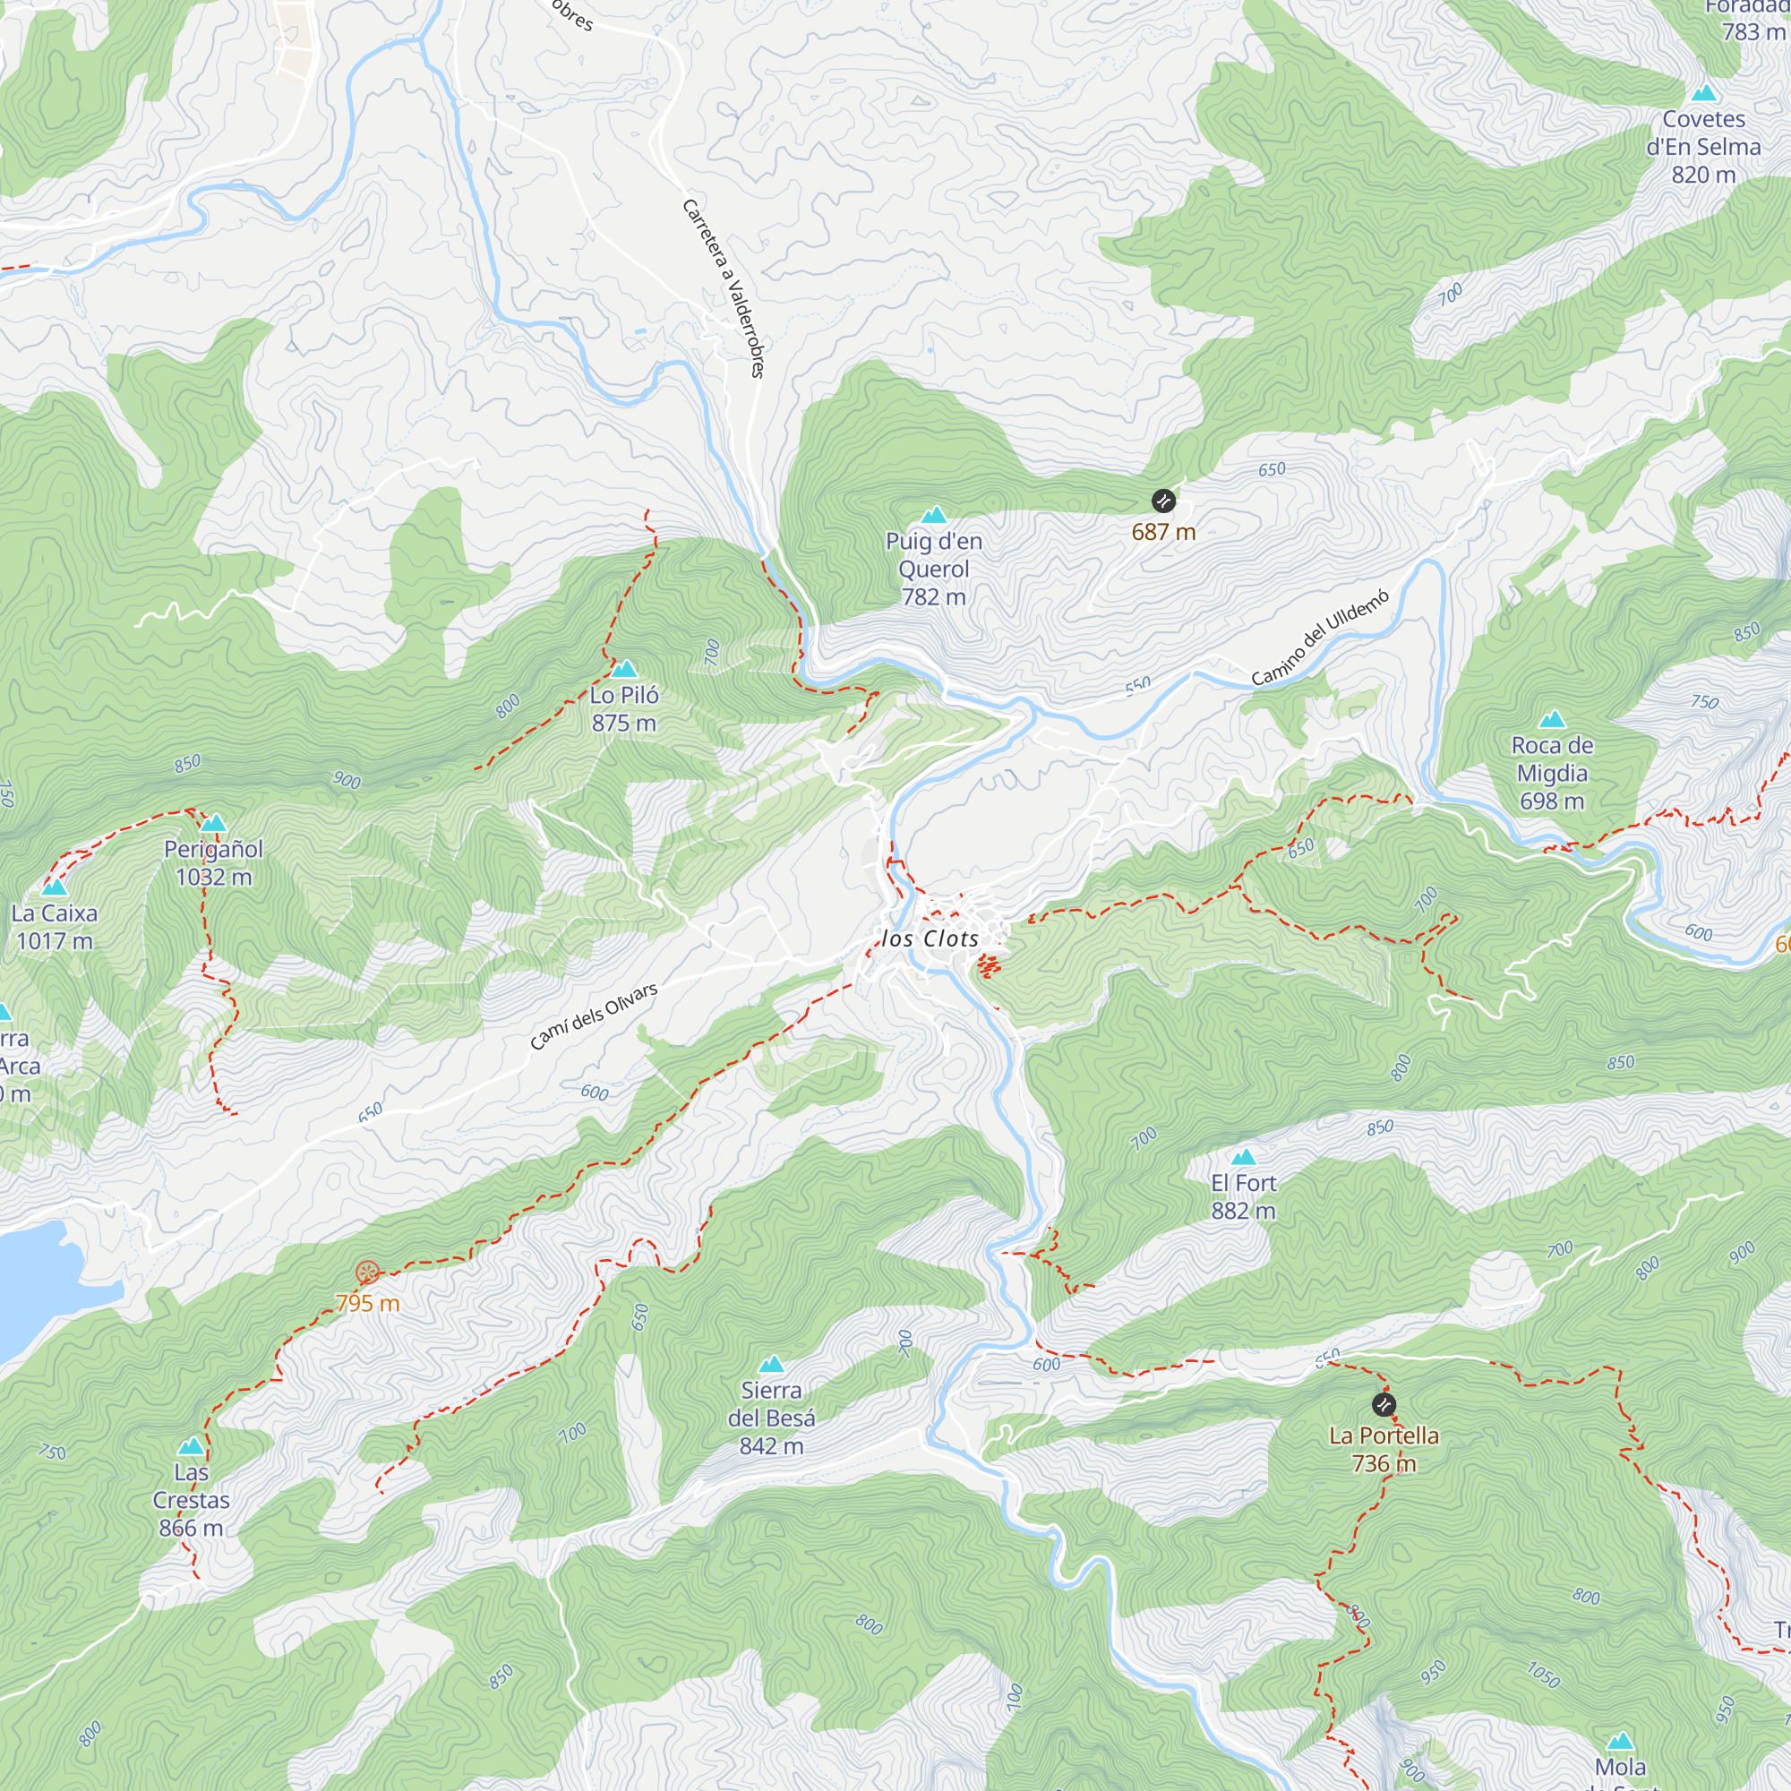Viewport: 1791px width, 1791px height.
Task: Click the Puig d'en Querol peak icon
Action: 933,515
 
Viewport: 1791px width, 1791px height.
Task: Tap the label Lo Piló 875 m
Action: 624,708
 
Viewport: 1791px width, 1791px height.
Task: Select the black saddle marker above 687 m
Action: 1163,501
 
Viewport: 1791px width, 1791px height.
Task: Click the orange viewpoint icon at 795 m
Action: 367,1272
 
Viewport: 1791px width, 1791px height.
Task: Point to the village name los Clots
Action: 930,939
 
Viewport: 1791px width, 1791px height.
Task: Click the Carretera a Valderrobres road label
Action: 724,287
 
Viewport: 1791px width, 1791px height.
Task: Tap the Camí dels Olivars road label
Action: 594,1016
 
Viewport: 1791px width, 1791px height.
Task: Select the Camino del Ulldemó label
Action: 1320,638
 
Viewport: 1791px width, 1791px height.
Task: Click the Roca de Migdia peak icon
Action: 1552,719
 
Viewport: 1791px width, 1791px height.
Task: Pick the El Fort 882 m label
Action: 1243,1196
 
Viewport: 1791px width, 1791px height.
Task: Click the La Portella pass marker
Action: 1384,1405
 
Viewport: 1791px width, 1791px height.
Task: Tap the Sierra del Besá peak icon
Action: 771,1365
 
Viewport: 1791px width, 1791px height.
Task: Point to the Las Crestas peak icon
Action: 191,1446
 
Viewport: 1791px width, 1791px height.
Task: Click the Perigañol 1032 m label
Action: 213,862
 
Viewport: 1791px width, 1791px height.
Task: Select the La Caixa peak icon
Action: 55,887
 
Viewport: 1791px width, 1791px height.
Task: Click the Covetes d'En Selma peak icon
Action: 1704,94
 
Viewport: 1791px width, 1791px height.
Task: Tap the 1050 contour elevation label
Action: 1544,1675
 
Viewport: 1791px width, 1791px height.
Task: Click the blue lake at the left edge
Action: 32,1289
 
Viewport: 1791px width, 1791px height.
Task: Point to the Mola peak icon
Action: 1621,1740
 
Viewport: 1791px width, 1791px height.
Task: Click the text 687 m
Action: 1163,532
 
